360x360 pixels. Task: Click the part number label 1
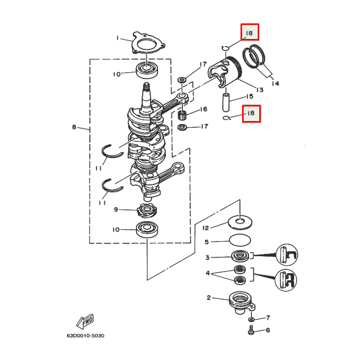pos(117,38)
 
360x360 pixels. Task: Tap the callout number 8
pos(74,126)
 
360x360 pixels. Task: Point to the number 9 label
pos(117,209)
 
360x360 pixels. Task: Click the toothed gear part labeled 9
pos(146,210)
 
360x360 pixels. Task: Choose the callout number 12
pos(206,228)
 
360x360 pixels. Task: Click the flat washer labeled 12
pos(239,223)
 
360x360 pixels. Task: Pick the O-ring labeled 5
pos(239,241)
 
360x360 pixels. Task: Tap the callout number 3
pos(207,257)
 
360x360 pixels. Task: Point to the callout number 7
pos(268,317)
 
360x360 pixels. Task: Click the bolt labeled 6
pos(251,329)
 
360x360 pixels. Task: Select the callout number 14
pos(275,84)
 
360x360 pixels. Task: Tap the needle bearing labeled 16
pos(182,113)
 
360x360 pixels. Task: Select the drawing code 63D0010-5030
pos(85,336)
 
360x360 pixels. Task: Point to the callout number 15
pos(249,96)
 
